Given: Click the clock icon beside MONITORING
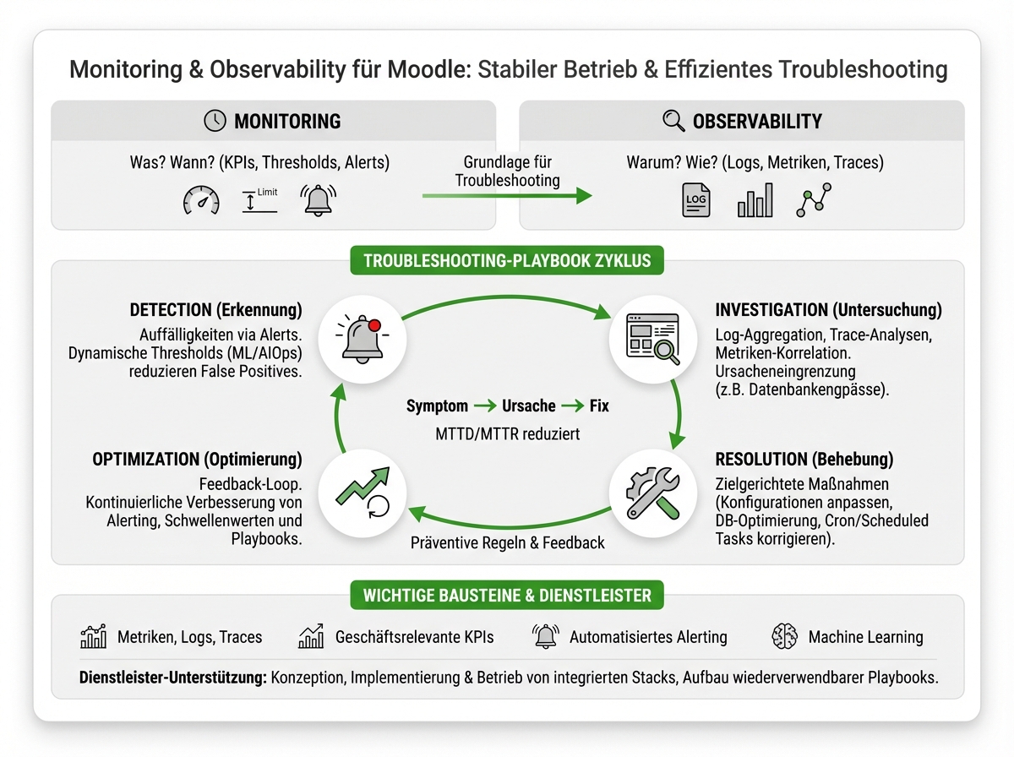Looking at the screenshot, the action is coord(215,121).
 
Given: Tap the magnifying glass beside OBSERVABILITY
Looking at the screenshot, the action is coord(673,121).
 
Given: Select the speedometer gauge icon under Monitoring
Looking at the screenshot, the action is coord(201,200).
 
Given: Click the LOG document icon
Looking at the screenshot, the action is coord(696,200).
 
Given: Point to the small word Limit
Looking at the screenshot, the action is coord(268,192).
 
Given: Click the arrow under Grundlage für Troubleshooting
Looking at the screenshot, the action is coord(507,196).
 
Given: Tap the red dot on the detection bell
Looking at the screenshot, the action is coord(374,325).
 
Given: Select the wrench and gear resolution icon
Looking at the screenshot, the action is coord(652,493).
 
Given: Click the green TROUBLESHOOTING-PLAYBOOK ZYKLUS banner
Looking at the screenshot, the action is coord(507,260).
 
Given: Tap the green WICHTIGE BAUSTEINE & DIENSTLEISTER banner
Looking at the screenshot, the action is coord(507,595).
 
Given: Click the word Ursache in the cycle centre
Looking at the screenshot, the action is coord(528,406).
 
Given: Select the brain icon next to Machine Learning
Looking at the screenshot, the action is coord(784,636).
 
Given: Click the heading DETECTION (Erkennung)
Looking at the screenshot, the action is coord(215,310).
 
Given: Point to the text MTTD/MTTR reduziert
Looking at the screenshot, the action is coord(507,434).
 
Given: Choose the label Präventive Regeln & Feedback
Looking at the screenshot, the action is coord(507,542).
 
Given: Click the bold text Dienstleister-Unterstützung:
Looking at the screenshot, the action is coord(172,678).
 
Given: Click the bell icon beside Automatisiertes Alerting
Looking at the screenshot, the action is coord(546,636).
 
